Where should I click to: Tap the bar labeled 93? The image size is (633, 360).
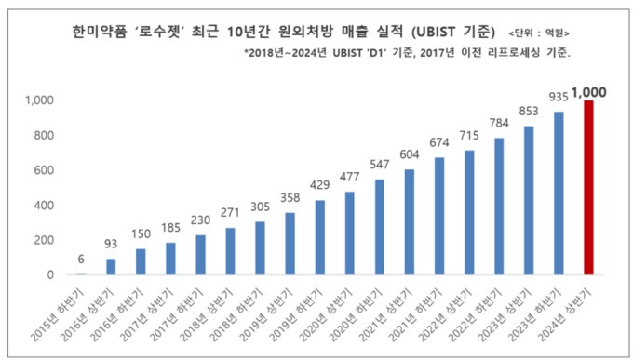click(112, 267)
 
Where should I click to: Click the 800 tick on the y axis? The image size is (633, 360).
click(44, 135)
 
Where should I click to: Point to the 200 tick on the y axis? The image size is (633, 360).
click(44, 240)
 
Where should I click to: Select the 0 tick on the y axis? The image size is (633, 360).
click(49, 275)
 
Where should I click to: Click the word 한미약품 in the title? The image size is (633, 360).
click(101, 32)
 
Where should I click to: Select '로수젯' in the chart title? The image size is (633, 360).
click(178, 32)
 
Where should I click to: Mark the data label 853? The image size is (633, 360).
click(528, 110)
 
